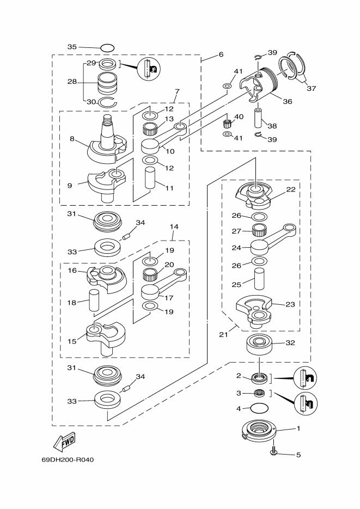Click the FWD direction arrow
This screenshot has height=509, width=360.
click(x=64, y=441)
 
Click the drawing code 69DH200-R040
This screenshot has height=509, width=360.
click(x=68, y=459)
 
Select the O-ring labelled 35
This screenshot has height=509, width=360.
click(x=107, y=48)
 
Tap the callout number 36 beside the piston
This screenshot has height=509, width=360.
click(x=287, y=101)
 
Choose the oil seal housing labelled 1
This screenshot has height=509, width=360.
click(x=259, y=431)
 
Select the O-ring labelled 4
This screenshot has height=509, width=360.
click(x=259, y=408)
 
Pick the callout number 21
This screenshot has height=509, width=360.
click(x=223, y=334)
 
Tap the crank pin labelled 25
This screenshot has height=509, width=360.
click(x=259, y=279)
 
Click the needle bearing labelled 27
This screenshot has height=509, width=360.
click(x=259, y=231)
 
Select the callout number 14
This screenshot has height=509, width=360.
click(x=174, y=226)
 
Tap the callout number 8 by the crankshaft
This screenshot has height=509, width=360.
click(x=72, y=139)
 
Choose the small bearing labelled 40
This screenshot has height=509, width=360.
click(x=228, y=124)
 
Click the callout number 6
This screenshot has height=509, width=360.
click(x=221, y=54)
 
